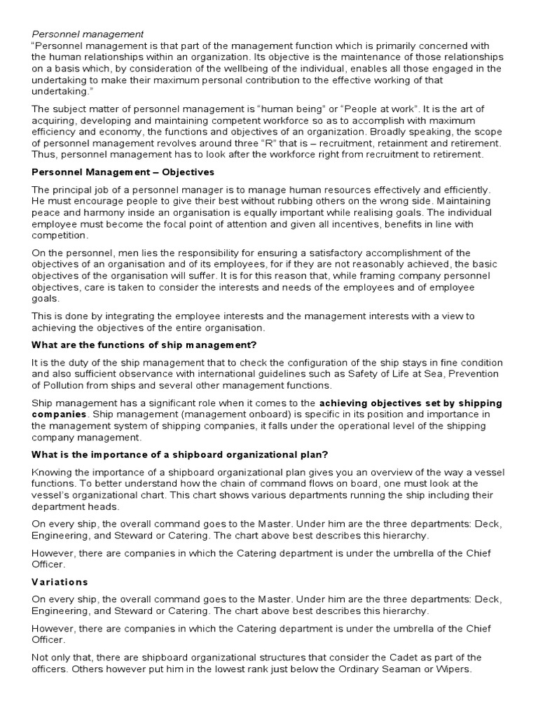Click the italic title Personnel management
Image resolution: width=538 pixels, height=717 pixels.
(x=88, y=33)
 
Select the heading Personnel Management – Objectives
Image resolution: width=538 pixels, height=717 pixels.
(x=123, y=172)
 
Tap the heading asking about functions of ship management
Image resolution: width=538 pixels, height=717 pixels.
(x=145, y=344)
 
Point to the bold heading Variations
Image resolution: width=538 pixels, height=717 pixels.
(x=60, y=582)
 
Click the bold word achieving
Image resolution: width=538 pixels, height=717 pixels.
(x=344, y=403)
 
